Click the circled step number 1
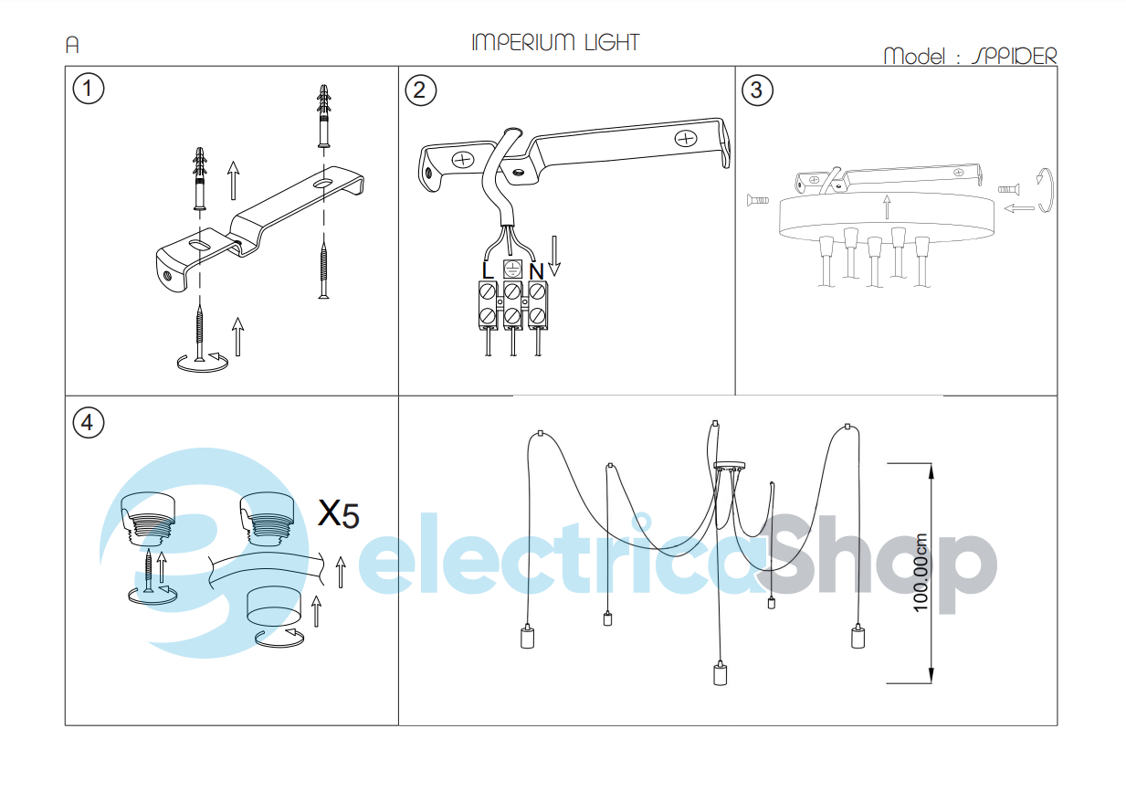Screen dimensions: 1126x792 point(88,89)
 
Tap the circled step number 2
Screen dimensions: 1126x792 point(420,90)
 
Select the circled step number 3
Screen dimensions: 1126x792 point(757,90)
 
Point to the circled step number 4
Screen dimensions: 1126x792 point(88,422)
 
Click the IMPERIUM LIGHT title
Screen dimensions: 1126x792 point(555,43)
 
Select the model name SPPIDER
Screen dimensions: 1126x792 point(1015,56)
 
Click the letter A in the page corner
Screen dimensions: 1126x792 point(72,45)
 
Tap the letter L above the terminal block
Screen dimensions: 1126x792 point(488,270)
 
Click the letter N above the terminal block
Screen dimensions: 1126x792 point(536,271)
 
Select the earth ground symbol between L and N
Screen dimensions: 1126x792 point(512,269)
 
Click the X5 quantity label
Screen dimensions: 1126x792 point(339,514)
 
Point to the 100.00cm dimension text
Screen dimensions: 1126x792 point(920,573)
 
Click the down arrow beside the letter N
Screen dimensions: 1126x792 point(554,256)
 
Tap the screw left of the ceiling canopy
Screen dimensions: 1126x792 point(758,200)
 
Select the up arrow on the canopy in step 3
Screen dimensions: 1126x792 point(887,207)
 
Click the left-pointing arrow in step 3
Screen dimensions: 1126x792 point(1019,208)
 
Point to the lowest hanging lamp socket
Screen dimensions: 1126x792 point(721,674)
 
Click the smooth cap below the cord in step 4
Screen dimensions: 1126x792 point(273,606)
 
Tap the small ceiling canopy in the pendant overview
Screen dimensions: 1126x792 point(729,466)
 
